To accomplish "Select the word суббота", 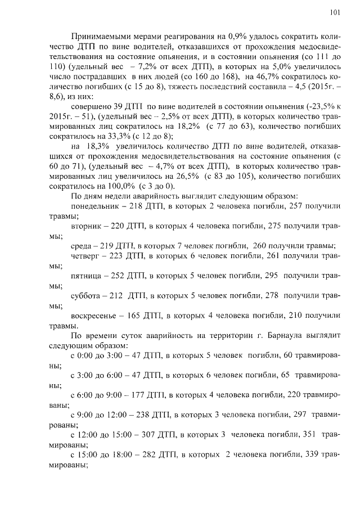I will coord(87,295).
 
